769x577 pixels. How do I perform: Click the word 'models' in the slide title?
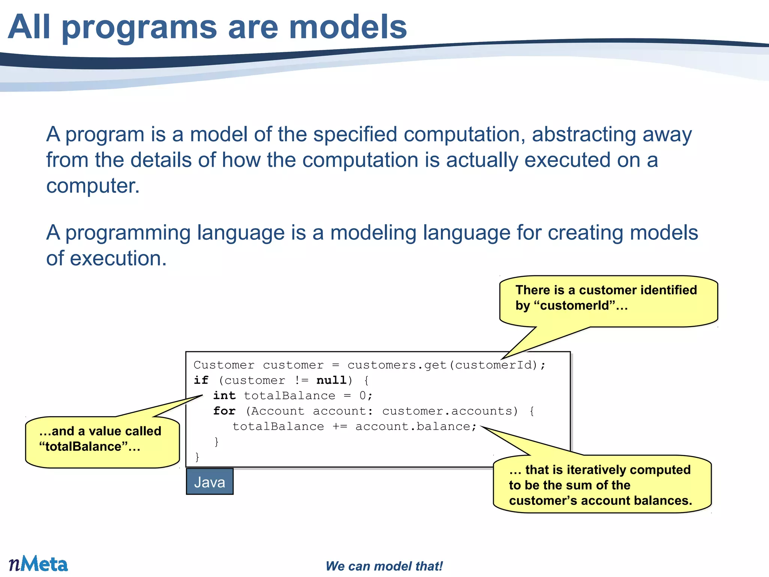point(348,27)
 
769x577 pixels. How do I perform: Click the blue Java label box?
point(210,482)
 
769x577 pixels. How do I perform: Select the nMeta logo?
point(38,564)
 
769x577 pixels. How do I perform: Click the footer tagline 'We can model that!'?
point(384,566)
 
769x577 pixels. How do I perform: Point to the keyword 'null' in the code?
point(332,380)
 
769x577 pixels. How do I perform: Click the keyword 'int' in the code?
point(224,396)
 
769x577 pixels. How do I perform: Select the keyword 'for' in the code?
point(224,411)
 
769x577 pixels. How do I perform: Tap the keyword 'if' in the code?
point(201,380)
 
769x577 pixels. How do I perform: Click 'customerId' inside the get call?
point(493,365)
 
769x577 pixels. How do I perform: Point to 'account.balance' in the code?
point(413,426)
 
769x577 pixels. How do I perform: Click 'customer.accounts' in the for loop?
point(447,411)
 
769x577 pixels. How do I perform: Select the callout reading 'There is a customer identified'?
point(608,301)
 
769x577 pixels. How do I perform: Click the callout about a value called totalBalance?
point(102,441)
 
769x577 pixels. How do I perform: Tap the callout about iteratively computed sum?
point(602,485)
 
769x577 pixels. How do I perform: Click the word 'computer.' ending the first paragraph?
point(93,186)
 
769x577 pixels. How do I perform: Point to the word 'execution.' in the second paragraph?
point(118,258)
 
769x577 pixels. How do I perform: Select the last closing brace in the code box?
point(197,457)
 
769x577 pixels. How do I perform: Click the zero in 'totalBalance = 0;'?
point(363,396)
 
